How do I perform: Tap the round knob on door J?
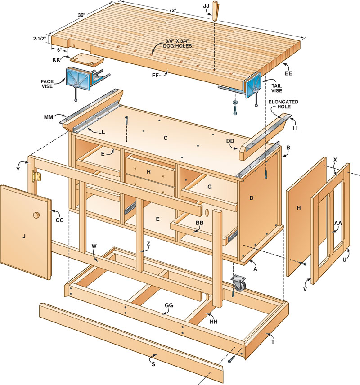[x=36, y=216]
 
